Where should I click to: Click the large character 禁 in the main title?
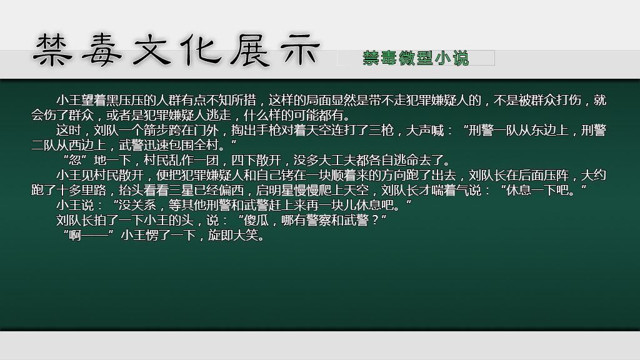pos(52,50)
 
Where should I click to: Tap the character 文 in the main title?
pos(151,50)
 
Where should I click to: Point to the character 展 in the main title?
pos(249,50)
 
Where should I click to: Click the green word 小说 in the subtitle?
pos(452,58)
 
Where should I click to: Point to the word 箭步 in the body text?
pos(156,131)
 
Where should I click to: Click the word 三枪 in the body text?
pos(381,131)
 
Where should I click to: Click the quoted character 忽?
pos(75,161)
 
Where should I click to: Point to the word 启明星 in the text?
pos(275,190)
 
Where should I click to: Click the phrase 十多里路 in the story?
pos(81,190)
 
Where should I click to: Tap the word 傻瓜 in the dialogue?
pos(256,221)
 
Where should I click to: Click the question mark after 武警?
pos(375,221)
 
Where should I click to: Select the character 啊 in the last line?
pos(75,236)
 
